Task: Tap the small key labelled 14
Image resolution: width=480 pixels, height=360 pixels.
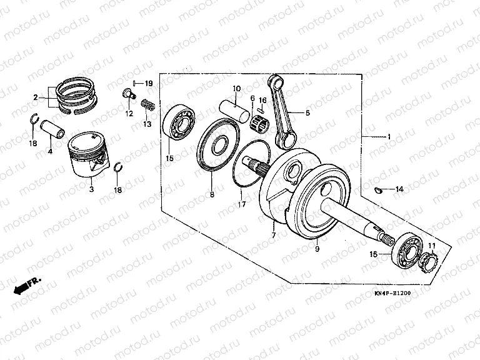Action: point(379,189)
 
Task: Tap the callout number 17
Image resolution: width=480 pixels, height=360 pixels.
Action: point(241,204)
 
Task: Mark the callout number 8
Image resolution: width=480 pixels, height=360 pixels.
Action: point(212,196)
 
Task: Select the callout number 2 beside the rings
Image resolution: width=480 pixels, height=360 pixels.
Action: point(36,97)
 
